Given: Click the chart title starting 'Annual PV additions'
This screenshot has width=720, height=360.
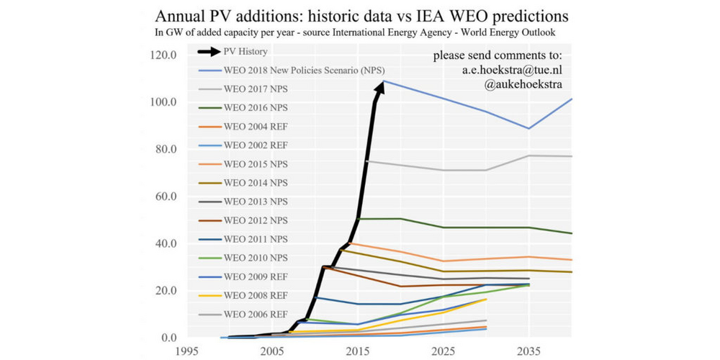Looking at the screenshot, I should (360, 15).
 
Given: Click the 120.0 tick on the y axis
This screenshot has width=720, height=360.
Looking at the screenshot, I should (163, 55).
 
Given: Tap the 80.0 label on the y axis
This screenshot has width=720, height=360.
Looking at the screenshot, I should (166, 149).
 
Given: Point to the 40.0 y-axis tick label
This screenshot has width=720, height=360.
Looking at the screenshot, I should (166, 243).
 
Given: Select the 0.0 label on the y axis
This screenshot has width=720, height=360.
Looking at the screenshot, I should (169, 338).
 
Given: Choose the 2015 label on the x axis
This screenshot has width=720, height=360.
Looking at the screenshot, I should (358, 352).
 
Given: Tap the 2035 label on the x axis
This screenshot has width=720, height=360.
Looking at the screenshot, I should (529, 352).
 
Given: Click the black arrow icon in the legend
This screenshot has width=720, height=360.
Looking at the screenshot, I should (210, 52).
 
